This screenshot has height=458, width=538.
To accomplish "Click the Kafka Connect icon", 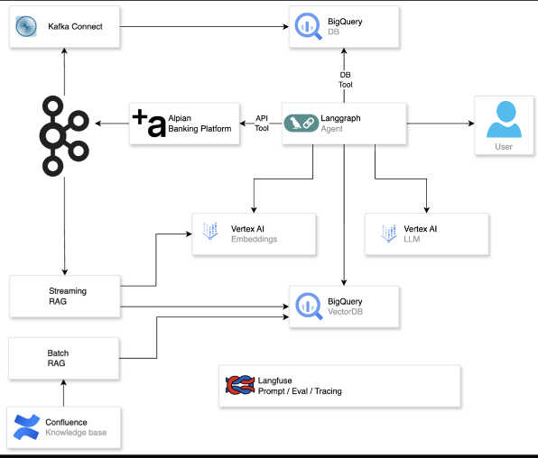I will (25, 28).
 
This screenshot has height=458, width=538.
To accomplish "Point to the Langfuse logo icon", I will (238, 386).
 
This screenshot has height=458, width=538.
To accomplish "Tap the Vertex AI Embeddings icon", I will (212, 232).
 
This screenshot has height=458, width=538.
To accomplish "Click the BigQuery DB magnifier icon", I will (308, 27).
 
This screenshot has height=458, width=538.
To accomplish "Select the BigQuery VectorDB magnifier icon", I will (308, 303).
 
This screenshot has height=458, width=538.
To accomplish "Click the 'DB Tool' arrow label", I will (346, 79).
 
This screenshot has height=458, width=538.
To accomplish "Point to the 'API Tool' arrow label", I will (262, 123).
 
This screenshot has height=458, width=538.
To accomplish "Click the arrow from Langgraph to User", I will (440, 124).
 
